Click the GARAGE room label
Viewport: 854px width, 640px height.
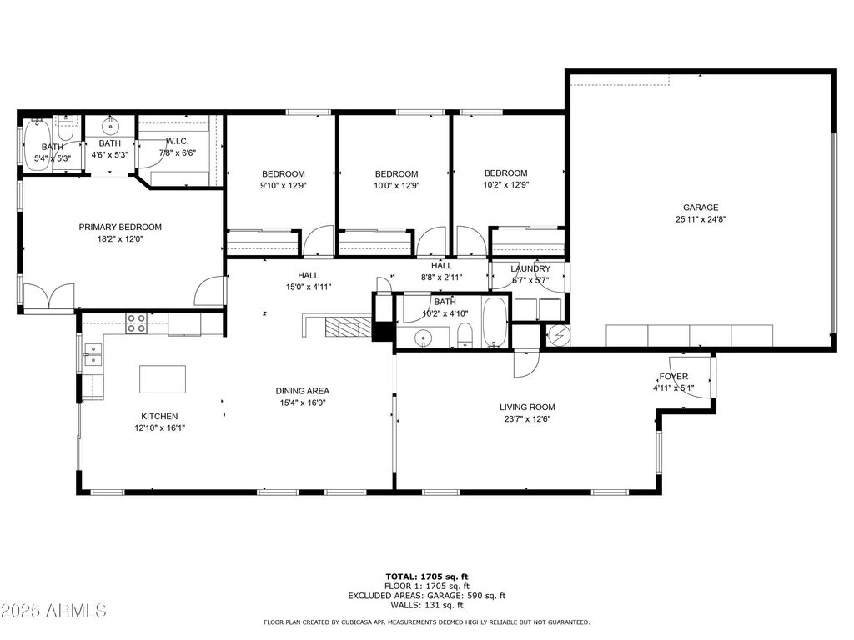(x=701, y=207)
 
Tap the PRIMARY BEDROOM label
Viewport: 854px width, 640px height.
(x=120, y=227)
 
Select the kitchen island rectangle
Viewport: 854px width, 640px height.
(x=163, y=379)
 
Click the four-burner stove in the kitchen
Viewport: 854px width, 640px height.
(x=136, y=323)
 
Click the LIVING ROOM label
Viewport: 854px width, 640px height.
(x=527, y=407)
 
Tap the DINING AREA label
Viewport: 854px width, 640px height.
(x=302, y=391)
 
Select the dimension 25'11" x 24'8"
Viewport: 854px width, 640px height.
(x=701, y=219)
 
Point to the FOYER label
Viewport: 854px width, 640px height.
(x=674, y=377)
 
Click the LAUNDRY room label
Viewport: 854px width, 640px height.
(x=530, y=269)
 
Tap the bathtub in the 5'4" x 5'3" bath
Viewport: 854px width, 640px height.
(x=38, y=145)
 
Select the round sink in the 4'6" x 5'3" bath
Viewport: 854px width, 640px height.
(x=110, y=127)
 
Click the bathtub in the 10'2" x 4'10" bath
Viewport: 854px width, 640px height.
(x=495, y=322)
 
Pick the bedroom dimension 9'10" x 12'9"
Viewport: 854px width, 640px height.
(x=284, y=186)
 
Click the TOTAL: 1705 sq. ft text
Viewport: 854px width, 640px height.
(x=427, y=577)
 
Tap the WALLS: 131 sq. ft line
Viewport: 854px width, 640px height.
(x=427, y=605)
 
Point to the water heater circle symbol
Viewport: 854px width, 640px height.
(x=558, y=335)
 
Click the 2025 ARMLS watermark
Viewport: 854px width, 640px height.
(x=53, y=611)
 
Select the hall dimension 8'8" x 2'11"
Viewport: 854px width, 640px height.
(x=442, y=277)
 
